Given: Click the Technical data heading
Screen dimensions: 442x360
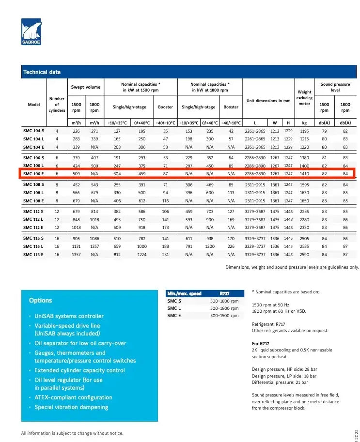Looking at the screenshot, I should click(42, 72).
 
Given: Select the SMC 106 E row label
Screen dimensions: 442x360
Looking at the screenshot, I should click(33, 173).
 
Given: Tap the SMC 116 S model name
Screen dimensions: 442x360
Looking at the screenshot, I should click(33, 238).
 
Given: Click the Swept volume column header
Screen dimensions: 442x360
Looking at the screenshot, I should click(86, 87).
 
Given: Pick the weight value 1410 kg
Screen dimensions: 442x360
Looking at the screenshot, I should click(304, 173).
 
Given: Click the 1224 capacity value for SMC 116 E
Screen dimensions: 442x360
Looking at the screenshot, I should click(141, 255).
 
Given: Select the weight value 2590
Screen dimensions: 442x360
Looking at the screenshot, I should click(304, 255).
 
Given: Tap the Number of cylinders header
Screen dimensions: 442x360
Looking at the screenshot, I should click(57, 105).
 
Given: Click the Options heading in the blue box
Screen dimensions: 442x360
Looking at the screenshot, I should click(40, 300).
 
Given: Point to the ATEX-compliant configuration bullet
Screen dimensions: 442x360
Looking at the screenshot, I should click(73, 397).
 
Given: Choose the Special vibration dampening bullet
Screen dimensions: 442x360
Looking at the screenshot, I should click(71, 407).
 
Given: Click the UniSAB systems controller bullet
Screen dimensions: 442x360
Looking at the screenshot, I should click(69, 316).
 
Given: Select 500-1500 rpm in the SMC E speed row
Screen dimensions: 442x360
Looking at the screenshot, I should click(224, 316).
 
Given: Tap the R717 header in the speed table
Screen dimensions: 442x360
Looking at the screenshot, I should click(224, 293).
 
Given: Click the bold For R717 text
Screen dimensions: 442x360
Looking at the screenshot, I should click(261, 343).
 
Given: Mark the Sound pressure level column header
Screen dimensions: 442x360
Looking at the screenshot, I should click(335, 87).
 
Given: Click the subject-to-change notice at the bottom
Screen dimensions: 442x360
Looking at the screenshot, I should click(72, 433).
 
